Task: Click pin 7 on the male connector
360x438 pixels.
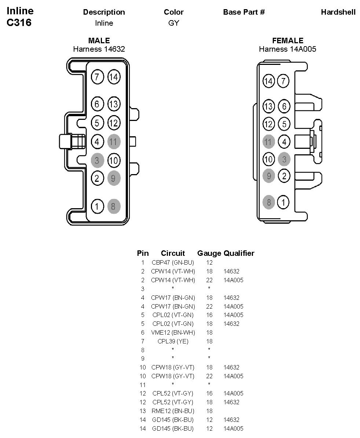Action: pos(97,77)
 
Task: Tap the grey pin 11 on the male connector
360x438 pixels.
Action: pos(114,141)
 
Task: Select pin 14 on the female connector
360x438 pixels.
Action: pos(269,81)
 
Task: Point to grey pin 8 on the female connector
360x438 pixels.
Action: pos(269,202)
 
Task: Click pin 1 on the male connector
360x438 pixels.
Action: pos(97,206)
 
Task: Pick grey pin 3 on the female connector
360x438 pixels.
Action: pos(284,159)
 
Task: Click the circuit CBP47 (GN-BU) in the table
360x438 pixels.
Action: pos(173,262)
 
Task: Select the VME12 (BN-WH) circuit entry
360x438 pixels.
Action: pos(173,332)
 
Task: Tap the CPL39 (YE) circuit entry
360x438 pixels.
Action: pos(173,341)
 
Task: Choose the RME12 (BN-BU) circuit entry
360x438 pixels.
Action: pos(173,411)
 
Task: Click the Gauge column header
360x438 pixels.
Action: pos(209,253)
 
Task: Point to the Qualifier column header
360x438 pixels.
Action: pos(239,253)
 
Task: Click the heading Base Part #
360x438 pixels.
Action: pos(244,12)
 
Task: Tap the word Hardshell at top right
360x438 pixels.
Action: pos(338,12)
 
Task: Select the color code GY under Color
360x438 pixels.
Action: pos(173,23)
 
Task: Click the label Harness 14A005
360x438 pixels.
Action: pos(287,49)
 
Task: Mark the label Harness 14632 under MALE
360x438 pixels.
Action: pos(99,49)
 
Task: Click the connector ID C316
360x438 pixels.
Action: pos(19,23)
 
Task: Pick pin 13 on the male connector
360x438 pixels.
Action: pos(114,104)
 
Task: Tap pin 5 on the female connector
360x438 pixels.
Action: pos(284,124)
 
